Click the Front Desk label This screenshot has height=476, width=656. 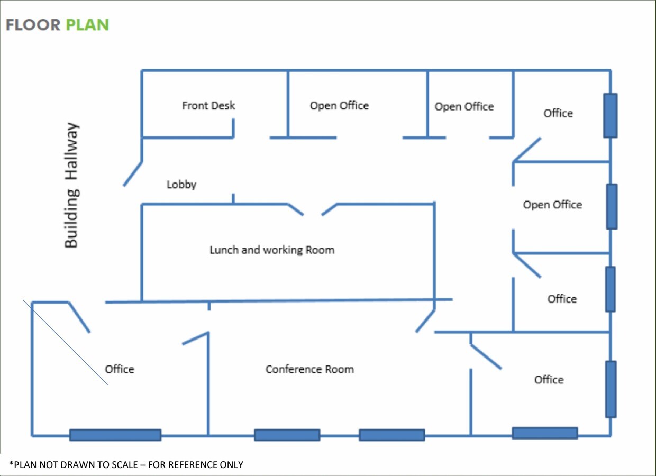point(208,105)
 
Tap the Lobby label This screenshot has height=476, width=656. point(181,185)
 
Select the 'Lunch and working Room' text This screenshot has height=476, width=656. point(272,250)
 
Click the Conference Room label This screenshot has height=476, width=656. point(309,369)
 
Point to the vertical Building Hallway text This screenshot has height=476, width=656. point(71,185)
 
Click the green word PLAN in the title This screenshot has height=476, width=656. point(88,25)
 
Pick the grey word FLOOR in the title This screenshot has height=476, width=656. point(33,25)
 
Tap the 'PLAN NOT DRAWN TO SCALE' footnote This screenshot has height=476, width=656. point(126,464)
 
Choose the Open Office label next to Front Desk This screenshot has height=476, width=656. point(339,105)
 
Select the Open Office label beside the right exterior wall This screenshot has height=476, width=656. point(552,205)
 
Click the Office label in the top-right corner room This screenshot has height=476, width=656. point(558,113)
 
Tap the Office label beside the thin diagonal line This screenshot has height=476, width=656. point(120,369)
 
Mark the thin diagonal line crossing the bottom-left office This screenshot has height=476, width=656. point(66,342)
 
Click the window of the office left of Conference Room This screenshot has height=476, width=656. point(115,435)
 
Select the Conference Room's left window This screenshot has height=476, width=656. point(287,435)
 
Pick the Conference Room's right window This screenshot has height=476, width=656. point(392,435)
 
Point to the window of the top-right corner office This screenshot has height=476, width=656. point(611,115)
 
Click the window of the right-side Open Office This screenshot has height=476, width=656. point(612,206)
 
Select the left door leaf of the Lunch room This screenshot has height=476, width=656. point(296,209)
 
